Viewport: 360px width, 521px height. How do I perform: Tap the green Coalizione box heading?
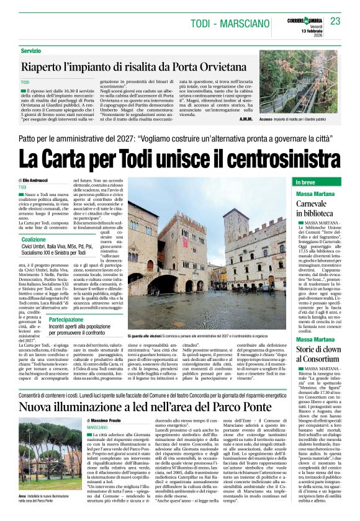click(x=34, y=239)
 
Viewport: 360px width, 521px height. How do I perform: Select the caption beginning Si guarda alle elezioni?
click(x=209, y=335)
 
